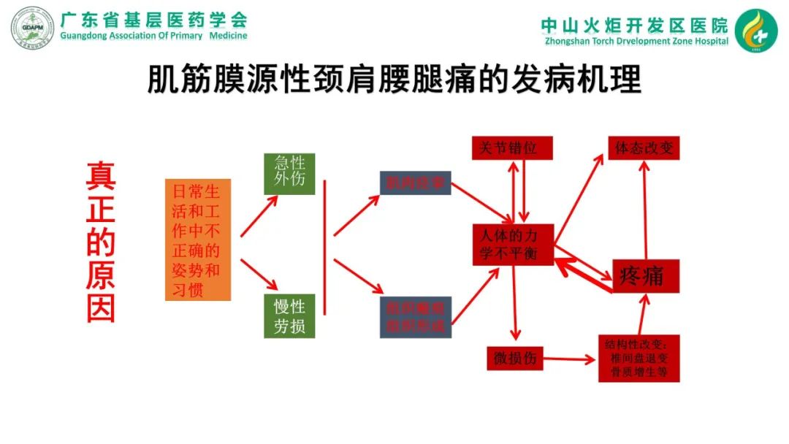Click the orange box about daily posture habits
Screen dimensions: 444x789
[197, 240]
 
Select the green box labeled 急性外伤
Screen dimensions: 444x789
[289, 173]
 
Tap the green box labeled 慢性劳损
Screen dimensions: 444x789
[289, 315]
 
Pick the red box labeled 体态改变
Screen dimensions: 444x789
[644, 148]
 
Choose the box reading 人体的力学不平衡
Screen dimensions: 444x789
[513, 245]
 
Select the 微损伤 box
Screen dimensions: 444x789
[515, 359]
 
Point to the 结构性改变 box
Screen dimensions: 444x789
[639, 359]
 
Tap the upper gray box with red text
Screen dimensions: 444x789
[415, 183]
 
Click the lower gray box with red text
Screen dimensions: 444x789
[415, 317]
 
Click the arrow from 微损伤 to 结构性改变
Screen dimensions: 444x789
[570, 359]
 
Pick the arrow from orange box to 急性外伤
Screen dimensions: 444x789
[259, 216]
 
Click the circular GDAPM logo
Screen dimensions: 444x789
[32, 29]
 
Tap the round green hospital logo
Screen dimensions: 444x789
[755, 31]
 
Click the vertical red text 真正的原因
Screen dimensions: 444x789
[101, 241]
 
